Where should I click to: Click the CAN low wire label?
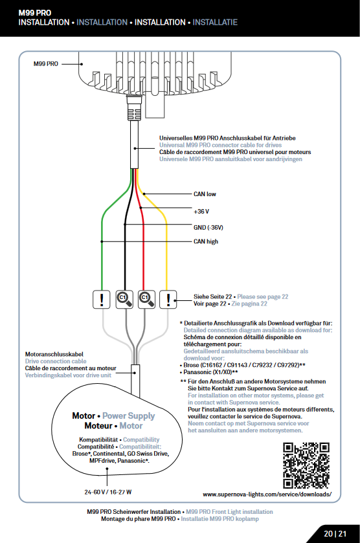click(205, 194)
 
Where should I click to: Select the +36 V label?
click(201, 211)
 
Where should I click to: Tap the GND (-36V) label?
click(208, 228)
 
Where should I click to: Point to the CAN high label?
click(206, 241)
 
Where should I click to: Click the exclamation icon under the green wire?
click(102, 299)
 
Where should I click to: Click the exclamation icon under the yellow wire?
click(168, 299)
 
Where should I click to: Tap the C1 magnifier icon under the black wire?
click(124, 299)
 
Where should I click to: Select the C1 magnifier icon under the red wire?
click(146, 299)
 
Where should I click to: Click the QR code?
click(306, 465)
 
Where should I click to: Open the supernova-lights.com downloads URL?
click(267, 494)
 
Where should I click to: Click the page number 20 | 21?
click(335, 534)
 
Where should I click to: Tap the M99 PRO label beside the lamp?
click(46, 63)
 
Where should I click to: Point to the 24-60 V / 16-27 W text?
click(108, 492)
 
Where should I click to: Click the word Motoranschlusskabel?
click(54, 354)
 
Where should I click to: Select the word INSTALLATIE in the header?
click(215, 23)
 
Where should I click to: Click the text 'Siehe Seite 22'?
click(213, 297)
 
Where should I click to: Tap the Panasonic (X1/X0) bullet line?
click(208, 372)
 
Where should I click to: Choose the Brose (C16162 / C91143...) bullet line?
click(243, 366)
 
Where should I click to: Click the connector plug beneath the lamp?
click(134, 108)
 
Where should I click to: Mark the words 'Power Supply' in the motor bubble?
click(129, 416)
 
